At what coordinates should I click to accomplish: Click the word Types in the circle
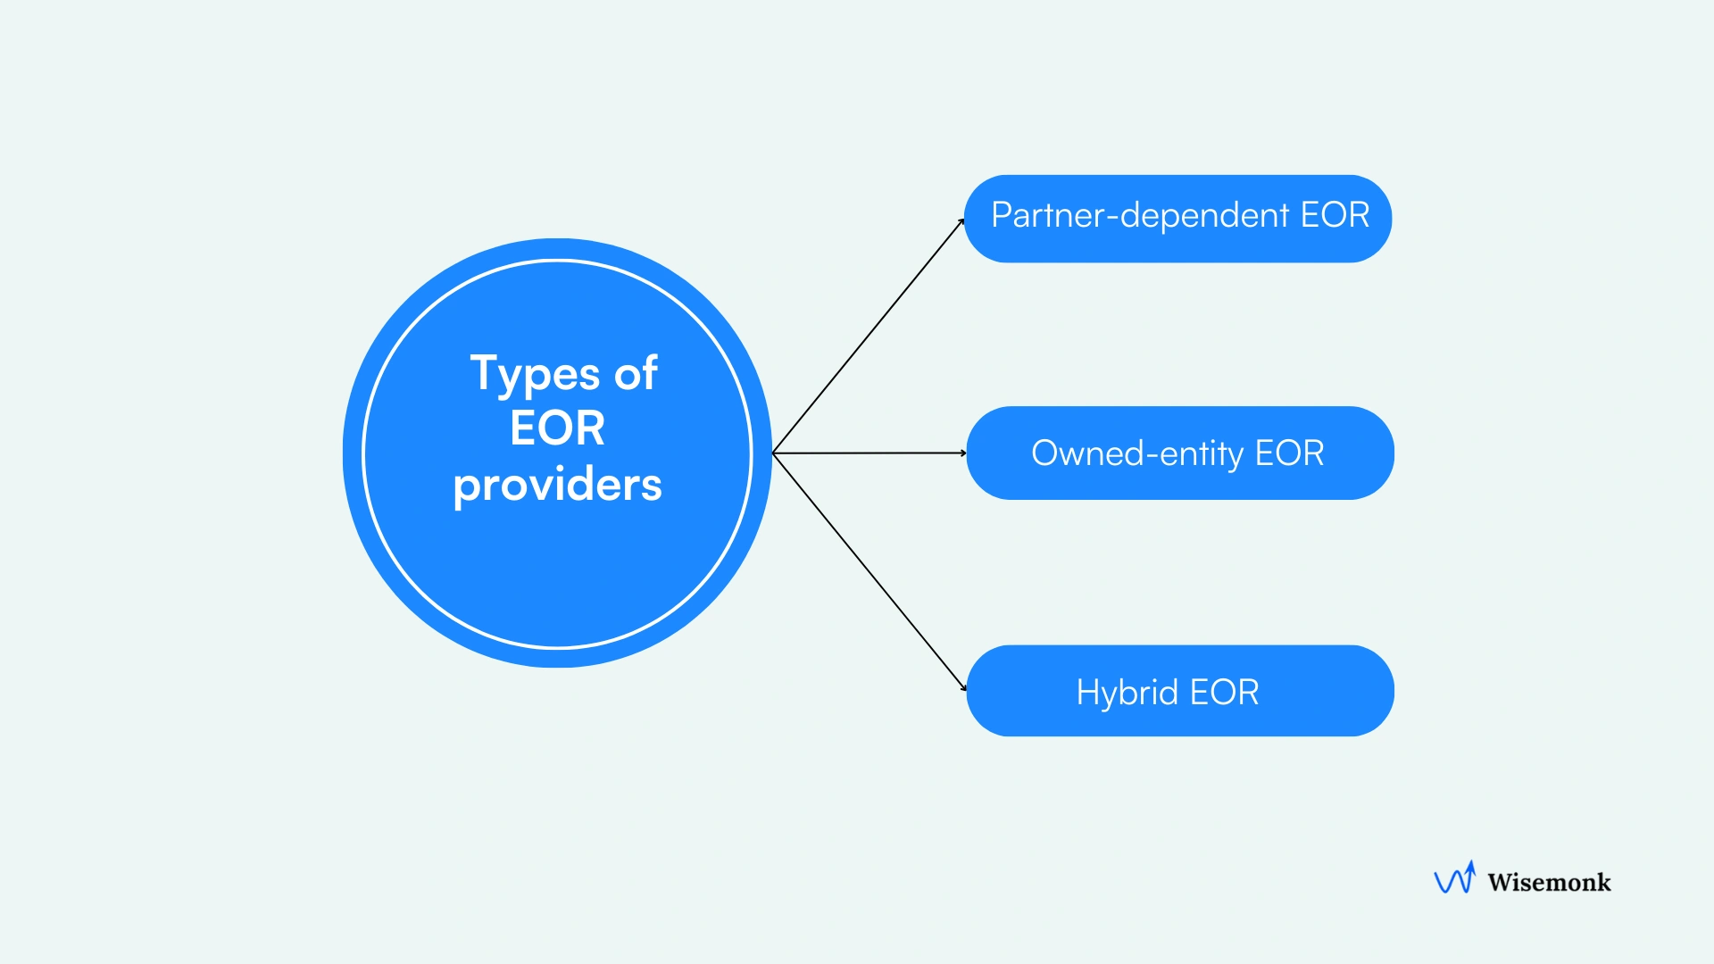pos(535,374)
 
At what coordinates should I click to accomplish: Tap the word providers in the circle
pos(557,485)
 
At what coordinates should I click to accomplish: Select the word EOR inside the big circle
pos(557,428)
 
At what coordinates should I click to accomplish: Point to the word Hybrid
pos(1127,693)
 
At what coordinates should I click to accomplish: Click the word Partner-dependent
pos(1140,216)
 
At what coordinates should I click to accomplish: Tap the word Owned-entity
pos(1138,454)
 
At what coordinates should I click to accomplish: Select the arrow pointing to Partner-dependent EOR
pos(868,337)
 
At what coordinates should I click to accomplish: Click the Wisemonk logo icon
pos(1454,878)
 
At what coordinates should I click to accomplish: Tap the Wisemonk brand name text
pos(1549,883)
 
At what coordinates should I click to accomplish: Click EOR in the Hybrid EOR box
pos(1224,693)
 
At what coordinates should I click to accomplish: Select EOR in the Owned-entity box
pos(1289,453)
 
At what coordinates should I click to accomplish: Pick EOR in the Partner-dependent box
pos(1335,215)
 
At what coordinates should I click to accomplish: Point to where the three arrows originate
pos(773,453)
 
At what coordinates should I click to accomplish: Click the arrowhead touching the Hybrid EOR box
pos(963,687)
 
